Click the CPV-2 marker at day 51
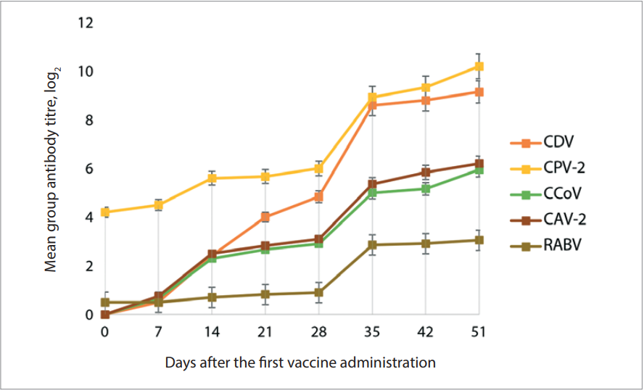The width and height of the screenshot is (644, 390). tap(479, 66)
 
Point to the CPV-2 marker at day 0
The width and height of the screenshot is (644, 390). tap(105, 212)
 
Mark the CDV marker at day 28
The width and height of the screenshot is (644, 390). tap(318, 196)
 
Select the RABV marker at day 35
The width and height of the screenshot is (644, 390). tap(372, 245)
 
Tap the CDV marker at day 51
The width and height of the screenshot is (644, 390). tap(479, 92)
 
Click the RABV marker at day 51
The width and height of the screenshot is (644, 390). tap(479, 240)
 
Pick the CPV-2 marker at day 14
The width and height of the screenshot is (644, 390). tap(212, 178)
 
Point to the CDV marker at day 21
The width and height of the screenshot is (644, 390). tap(265, 217)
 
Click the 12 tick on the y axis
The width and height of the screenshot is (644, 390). tap(86, 23)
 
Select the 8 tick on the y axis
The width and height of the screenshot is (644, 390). tap(88, 120)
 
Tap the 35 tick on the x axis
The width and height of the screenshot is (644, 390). tap(372, 332)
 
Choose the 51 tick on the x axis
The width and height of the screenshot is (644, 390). tap(479, 332)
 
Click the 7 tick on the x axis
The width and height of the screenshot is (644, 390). tap(158, 332)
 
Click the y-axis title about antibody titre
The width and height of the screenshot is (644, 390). tap(52, 169)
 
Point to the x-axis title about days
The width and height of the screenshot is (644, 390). tap(300, 362)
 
